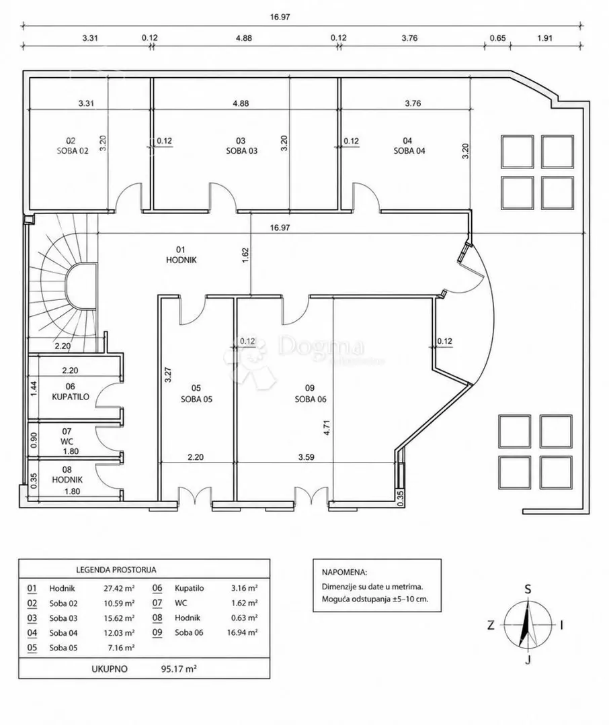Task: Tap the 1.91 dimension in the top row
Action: tap(544, 38)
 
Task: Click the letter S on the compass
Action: tap(528, 589)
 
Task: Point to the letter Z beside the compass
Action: tap(491, 625)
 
